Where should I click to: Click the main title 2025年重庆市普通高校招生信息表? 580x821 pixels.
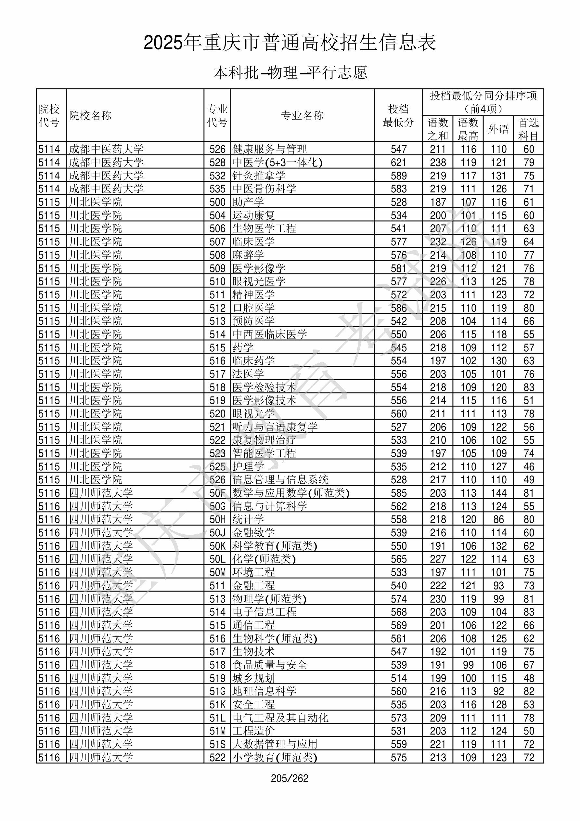point(290,43)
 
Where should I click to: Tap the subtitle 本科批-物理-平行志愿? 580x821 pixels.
point(290,72)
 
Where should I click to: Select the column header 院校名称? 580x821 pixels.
point(90,115)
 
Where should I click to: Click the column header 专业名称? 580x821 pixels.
point(302,115)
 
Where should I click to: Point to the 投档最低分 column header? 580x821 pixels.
point(398,115)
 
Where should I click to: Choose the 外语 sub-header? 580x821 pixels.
point(498,129)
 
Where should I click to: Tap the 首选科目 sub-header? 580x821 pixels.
point(529,129)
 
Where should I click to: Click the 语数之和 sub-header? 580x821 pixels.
point(438,129)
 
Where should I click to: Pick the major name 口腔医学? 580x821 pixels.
point(253,308)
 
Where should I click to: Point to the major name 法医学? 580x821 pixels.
point(248,374)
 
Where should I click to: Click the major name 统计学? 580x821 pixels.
point(248,519)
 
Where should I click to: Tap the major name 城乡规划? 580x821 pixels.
point(253,678)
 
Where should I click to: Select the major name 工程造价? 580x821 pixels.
point(253,731)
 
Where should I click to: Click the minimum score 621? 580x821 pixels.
point(398,162)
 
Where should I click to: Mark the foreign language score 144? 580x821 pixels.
point(498,493)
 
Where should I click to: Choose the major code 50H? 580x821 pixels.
point(217,519)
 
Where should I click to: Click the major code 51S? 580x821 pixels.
point(217,744)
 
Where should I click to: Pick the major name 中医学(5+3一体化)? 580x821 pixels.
point(277,162)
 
